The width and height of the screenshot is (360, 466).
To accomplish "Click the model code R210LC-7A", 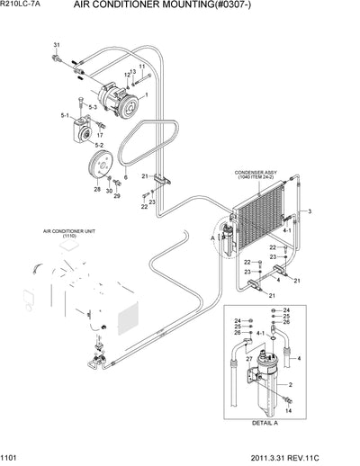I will click(23, 6).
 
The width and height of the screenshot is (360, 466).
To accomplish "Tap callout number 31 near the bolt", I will click(57, 45).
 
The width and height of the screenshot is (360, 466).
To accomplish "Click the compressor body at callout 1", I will click(114, 95).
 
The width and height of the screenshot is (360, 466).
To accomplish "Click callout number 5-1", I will click(64, 116).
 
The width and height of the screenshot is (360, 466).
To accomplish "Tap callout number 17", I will click(100, 135).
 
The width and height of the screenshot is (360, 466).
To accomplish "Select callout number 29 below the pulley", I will click(116, 196).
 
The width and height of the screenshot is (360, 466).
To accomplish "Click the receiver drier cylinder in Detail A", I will click(265, 397).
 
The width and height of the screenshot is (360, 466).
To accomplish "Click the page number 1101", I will click(13, 458).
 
